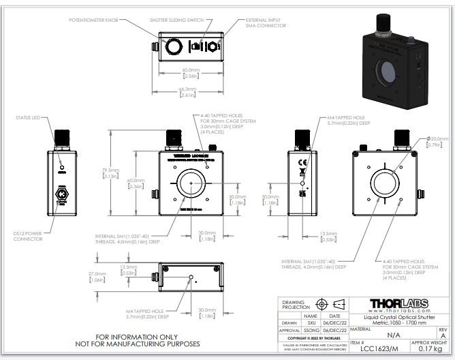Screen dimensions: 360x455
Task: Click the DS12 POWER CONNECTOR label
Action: click(x=28, y=236)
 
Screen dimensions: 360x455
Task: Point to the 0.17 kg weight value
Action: click(x=431, y=349)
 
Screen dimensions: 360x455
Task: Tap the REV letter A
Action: click(x=442, y=335)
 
